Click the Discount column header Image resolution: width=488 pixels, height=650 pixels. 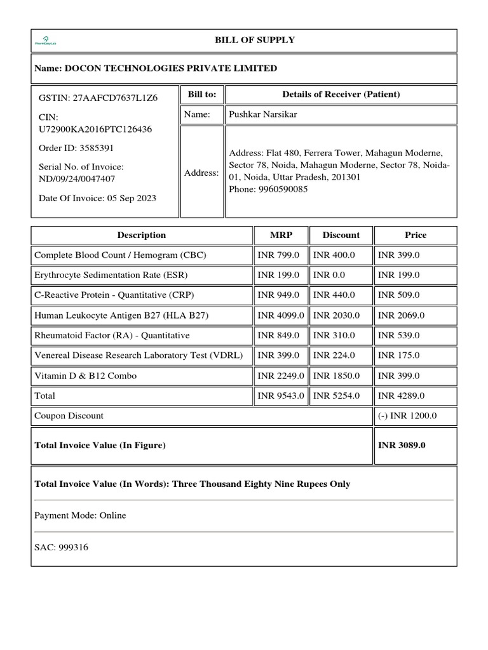[341, 235]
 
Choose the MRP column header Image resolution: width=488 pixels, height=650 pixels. [281, 235]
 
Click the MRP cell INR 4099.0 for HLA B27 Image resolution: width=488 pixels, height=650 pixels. [281, 315]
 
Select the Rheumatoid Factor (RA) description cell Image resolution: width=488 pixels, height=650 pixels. [111, 335]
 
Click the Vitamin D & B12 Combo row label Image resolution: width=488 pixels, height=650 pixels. [85, 376]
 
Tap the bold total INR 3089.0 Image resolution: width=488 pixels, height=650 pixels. [402, 445]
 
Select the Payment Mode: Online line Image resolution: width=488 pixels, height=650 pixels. [80, 515]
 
